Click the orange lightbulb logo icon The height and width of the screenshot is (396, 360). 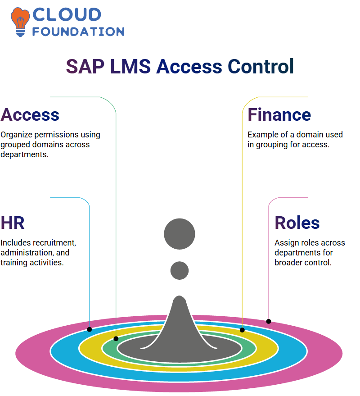coord(20,22)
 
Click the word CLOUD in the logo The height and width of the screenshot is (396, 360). coord(67,14)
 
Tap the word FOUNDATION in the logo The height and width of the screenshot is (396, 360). coord(78,32)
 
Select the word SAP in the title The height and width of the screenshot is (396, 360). coord(85,67)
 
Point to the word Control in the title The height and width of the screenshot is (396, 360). coord(261,66)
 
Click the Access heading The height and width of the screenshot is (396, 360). coord(30,115)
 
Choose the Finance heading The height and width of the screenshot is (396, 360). coord(279,115)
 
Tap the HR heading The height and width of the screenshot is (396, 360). coord(13,223)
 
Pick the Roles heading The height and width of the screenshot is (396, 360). coord(297,223)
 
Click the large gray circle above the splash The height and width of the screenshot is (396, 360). coord(180,234)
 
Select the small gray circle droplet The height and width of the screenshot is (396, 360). coord(180,270)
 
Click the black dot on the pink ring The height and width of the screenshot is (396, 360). coord(269,322)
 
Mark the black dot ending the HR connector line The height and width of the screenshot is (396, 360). coord(90,329)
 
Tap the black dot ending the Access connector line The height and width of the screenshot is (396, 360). coord(116,339)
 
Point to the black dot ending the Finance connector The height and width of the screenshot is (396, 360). coord(242,330)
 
